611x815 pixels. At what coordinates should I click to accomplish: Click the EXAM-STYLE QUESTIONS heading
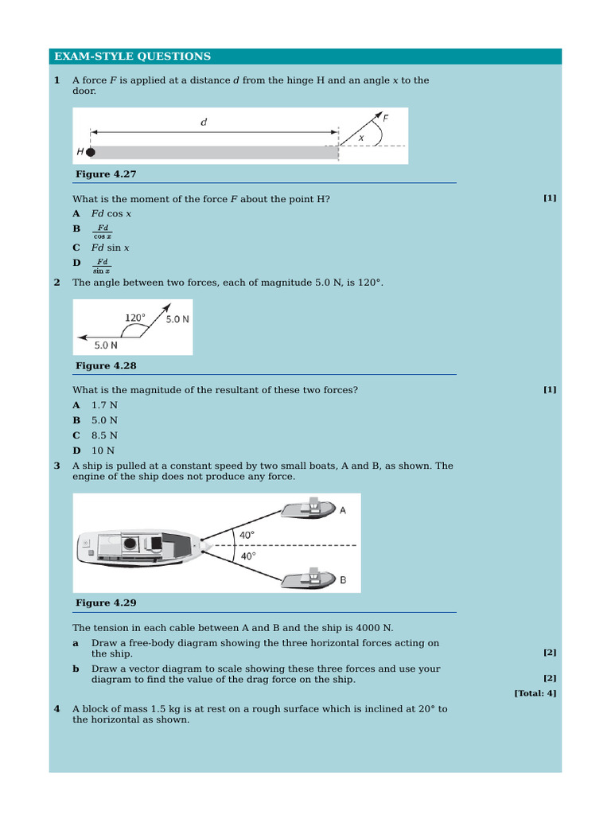132,57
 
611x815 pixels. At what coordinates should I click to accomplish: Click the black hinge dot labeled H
91,152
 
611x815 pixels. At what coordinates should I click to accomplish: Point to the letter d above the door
204,123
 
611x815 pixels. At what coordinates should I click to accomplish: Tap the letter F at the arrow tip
386,118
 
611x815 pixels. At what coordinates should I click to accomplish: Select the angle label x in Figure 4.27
361,137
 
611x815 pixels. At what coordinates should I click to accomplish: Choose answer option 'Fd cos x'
111,213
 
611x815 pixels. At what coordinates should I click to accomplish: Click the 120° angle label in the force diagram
135,318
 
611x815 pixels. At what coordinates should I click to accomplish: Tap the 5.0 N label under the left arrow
106,345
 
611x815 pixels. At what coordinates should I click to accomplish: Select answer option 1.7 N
104,404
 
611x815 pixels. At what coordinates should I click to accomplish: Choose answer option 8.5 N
104,435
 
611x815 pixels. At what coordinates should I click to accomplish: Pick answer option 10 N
103,450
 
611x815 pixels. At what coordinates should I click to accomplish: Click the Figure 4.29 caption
106,602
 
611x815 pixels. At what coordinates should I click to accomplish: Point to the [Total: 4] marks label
535,693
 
